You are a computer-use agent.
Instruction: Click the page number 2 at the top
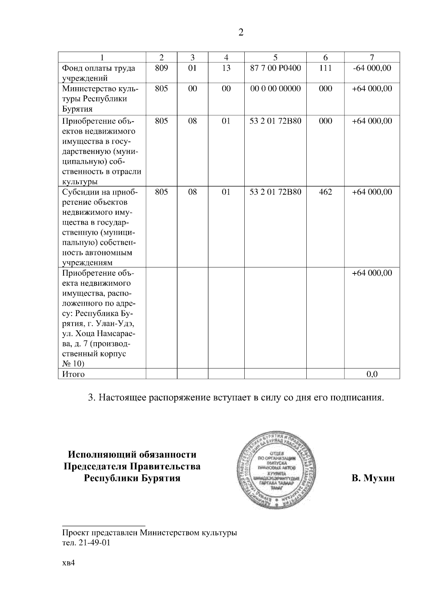tap(241, 33)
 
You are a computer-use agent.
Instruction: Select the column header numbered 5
tap(275, 57)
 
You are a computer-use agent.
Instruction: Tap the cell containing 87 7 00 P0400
tap(275, 68)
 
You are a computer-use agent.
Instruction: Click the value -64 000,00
tap(372, 68)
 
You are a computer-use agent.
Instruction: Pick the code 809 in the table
tap(161, 68)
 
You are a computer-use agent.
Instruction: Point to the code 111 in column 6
tap(325, 68)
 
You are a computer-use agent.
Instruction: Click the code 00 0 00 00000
tap(275, 89)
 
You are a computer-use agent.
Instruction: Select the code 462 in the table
tap(325, 192)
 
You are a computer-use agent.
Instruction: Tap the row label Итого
tap(74, 374)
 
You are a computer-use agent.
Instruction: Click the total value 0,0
tap(372, 374)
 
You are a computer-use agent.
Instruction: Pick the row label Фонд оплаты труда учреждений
tap(99, 73)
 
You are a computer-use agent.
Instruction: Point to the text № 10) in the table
tap(73, 364)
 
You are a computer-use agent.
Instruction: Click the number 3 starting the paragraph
tap(91, 398)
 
